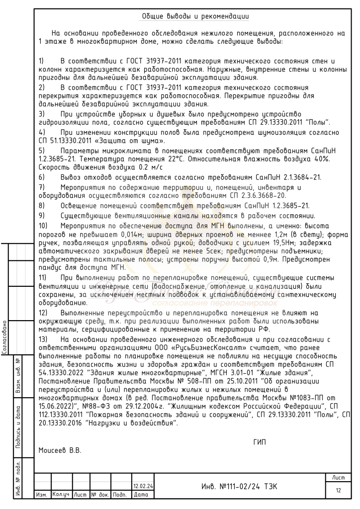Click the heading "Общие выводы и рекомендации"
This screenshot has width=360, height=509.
click(x=195, y=16)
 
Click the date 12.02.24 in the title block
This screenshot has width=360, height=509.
click(x=143, y=486)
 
